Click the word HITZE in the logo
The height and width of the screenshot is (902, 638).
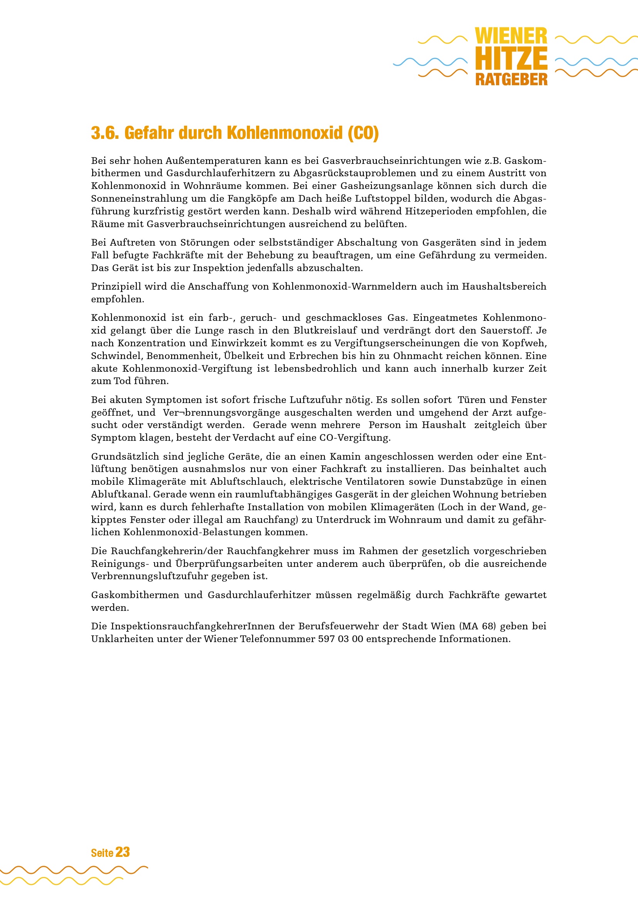[x=511, y=59]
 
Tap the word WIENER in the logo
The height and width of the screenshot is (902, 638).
[x=511, y=36]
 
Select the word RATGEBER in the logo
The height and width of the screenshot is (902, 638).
[x=511, y=79]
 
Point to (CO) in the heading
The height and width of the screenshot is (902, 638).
[x=363, y=133]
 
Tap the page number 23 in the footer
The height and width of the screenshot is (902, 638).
[x=123, y=852]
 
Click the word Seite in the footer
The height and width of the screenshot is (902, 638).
[x=102, y=853]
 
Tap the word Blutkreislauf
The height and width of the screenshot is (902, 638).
[x=325, y=330]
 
